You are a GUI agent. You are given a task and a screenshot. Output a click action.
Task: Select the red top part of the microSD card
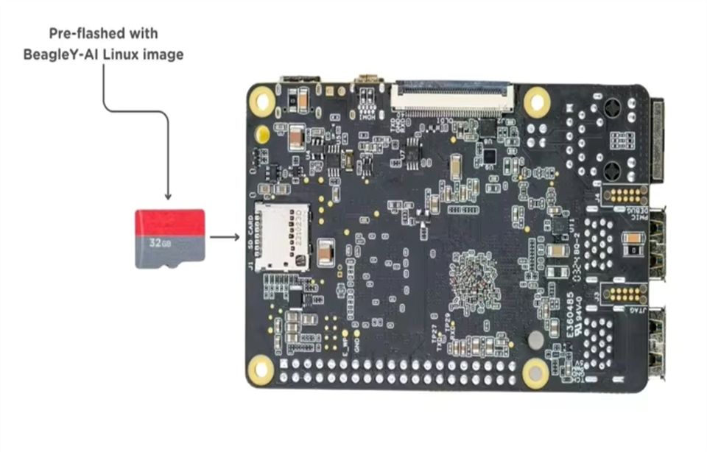pyautogui.click(x=169, y=222)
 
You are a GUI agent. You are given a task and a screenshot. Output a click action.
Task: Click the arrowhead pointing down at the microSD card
pyautogui.click(x=168, y=195)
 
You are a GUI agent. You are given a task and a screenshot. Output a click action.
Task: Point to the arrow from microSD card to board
pyautogui.click(x=224, y=237)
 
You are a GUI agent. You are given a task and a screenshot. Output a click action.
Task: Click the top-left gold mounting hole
pyautogui.click(x=261, y=98)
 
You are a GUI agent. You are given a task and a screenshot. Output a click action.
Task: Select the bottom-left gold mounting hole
pyautogui.click(x=260, y=367)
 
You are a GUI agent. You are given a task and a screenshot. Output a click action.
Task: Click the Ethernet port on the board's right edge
pyautogui.click(x=658, y=140)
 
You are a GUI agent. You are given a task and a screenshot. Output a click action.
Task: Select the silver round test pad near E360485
pyautogui.click(x=537, y=339)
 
